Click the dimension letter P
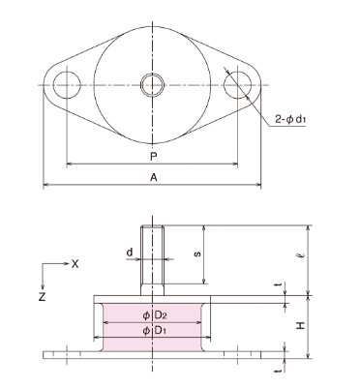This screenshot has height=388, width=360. click(x=150, y=154)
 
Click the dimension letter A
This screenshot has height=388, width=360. click(x=150, y=176)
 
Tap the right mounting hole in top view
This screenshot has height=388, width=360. click(x=236, y=85)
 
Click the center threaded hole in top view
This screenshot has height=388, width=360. click(x=151, y=85)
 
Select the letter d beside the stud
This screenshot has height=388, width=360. click(x=129, y=253)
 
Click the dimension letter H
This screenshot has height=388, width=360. click(x=303, y=325)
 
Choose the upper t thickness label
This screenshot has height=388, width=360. click(x=276, y=286)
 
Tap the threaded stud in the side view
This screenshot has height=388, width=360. click(x=151, y=256)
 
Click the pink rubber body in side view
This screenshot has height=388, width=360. click(x=121, y=324)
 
